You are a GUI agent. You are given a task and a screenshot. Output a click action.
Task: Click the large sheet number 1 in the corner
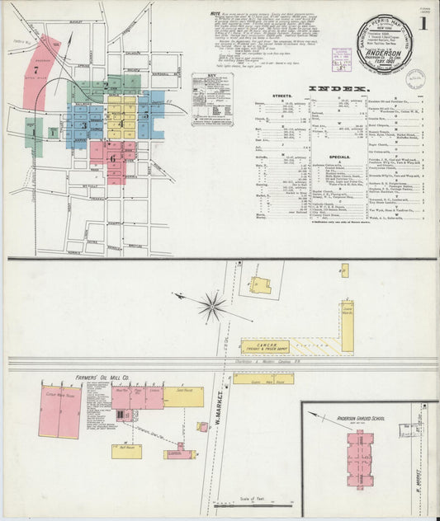point(423,23)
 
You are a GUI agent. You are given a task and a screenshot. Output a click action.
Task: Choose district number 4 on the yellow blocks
point(121,124)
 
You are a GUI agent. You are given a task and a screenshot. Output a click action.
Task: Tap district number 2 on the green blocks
point(106,85)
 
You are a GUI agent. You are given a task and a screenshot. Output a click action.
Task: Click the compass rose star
point(211,307)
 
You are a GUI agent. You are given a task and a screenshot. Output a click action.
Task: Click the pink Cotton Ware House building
point(59,409)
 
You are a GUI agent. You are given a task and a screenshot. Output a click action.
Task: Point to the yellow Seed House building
point(183,398)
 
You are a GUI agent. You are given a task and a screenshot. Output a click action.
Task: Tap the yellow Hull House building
point(126,450)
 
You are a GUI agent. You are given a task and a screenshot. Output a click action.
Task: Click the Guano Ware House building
point(263,379)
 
